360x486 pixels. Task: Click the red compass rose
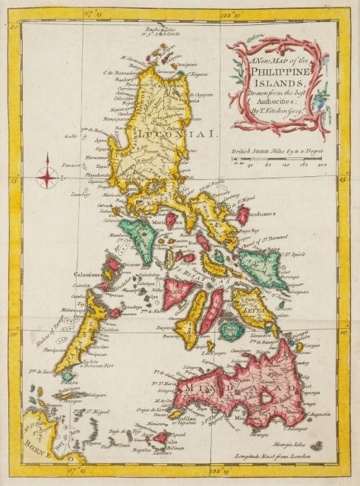click(47, 175)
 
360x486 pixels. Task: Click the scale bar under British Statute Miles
click(282, 156)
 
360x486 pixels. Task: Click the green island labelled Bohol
click(232, 329)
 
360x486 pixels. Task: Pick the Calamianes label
click(87, 274)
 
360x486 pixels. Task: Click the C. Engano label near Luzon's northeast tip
click(197, 74)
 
